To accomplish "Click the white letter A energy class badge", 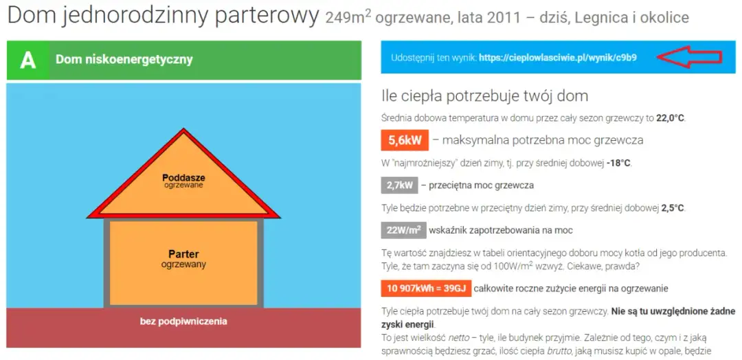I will [x=27, y=60].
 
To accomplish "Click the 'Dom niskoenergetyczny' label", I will [x=124, y=60].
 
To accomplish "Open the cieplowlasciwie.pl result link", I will [x=558, y=58].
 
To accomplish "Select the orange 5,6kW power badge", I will [x=405, y=140].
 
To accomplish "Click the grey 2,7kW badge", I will [x=399, y=185].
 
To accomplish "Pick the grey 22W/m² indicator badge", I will [x=403, y=230].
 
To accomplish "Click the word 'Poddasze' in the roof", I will [x=183, y=178].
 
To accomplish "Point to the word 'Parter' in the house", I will [x=183, y=254].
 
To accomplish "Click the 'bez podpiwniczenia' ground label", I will [x=183, y=321].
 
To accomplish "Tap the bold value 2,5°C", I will [x=672, y=207].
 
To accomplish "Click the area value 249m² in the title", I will [x=348, y=16].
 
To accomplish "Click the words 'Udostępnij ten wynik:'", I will [x=433, y=58].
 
